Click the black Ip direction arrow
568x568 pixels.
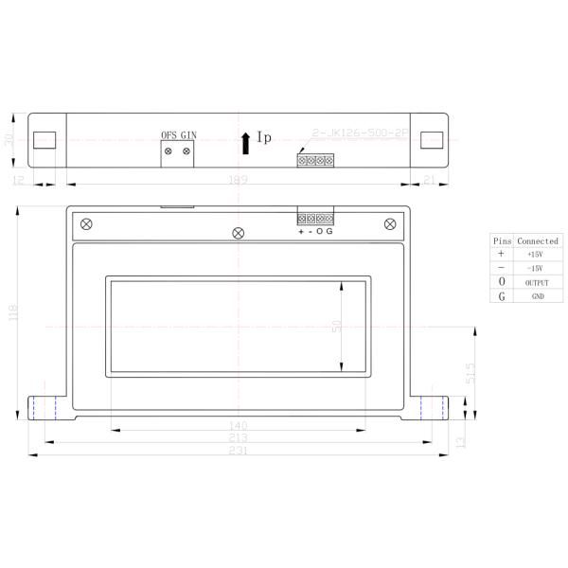tap(246, 142)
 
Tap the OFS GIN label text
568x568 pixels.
tap(179, 135)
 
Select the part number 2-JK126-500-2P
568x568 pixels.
tap(359, 134)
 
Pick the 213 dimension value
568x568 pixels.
tap(239, 437)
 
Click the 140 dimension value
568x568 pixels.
tap(239, 425)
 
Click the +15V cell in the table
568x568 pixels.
tap(536, 255)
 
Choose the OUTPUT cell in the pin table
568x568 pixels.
tap(537, 282)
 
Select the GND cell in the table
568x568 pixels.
tap(537, 296)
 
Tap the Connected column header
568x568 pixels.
tap(537, 240)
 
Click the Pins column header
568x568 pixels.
tap(502, 240)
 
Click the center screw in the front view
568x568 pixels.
tap(239, 233)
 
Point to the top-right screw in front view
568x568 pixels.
tap(390, 223)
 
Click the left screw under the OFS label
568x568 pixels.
tap(169, 151)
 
